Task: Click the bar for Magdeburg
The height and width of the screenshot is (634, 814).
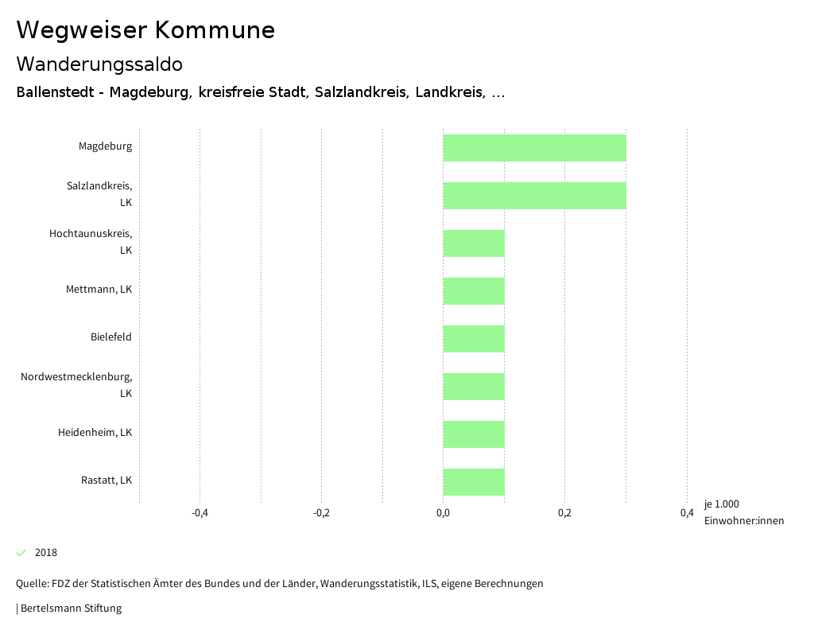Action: [x=534, y=148]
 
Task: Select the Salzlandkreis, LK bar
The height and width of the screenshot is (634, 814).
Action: [x=534, y=196]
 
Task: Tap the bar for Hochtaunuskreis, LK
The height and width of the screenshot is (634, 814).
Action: [x=474, y=243]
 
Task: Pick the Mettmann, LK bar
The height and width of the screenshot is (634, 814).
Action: [x=474, y=291]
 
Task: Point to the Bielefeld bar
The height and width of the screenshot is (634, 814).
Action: [x=474, y=339]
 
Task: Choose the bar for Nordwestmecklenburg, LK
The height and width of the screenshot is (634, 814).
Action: [x=474, y=387]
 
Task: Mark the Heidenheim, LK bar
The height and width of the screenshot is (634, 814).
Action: [x=474, y=434]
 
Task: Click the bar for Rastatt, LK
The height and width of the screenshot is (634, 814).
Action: [x=474, y=482]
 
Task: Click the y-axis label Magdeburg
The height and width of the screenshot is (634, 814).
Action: [x=105, y=146]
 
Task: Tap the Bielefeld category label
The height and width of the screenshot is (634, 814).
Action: [x=110, y=337]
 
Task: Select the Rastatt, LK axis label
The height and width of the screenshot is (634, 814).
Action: [x=106, y=480]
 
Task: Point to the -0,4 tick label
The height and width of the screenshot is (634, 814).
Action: [x=200, y=513]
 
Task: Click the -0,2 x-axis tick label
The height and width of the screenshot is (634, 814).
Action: [x=321, y=513]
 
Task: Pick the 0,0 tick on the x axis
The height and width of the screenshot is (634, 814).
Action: [x=443, y=513]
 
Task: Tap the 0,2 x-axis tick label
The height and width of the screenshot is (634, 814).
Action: [x=564, y=513]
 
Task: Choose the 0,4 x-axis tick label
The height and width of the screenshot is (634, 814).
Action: [x=687, y=513]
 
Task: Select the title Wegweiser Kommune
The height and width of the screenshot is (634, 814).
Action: [x=145, y=30]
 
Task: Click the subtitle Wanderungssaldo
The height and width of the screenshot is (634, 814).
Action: [x=99, y=64]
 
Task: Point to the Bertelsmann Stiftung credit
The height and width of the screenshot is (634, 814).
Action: [x=70, y=609]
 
